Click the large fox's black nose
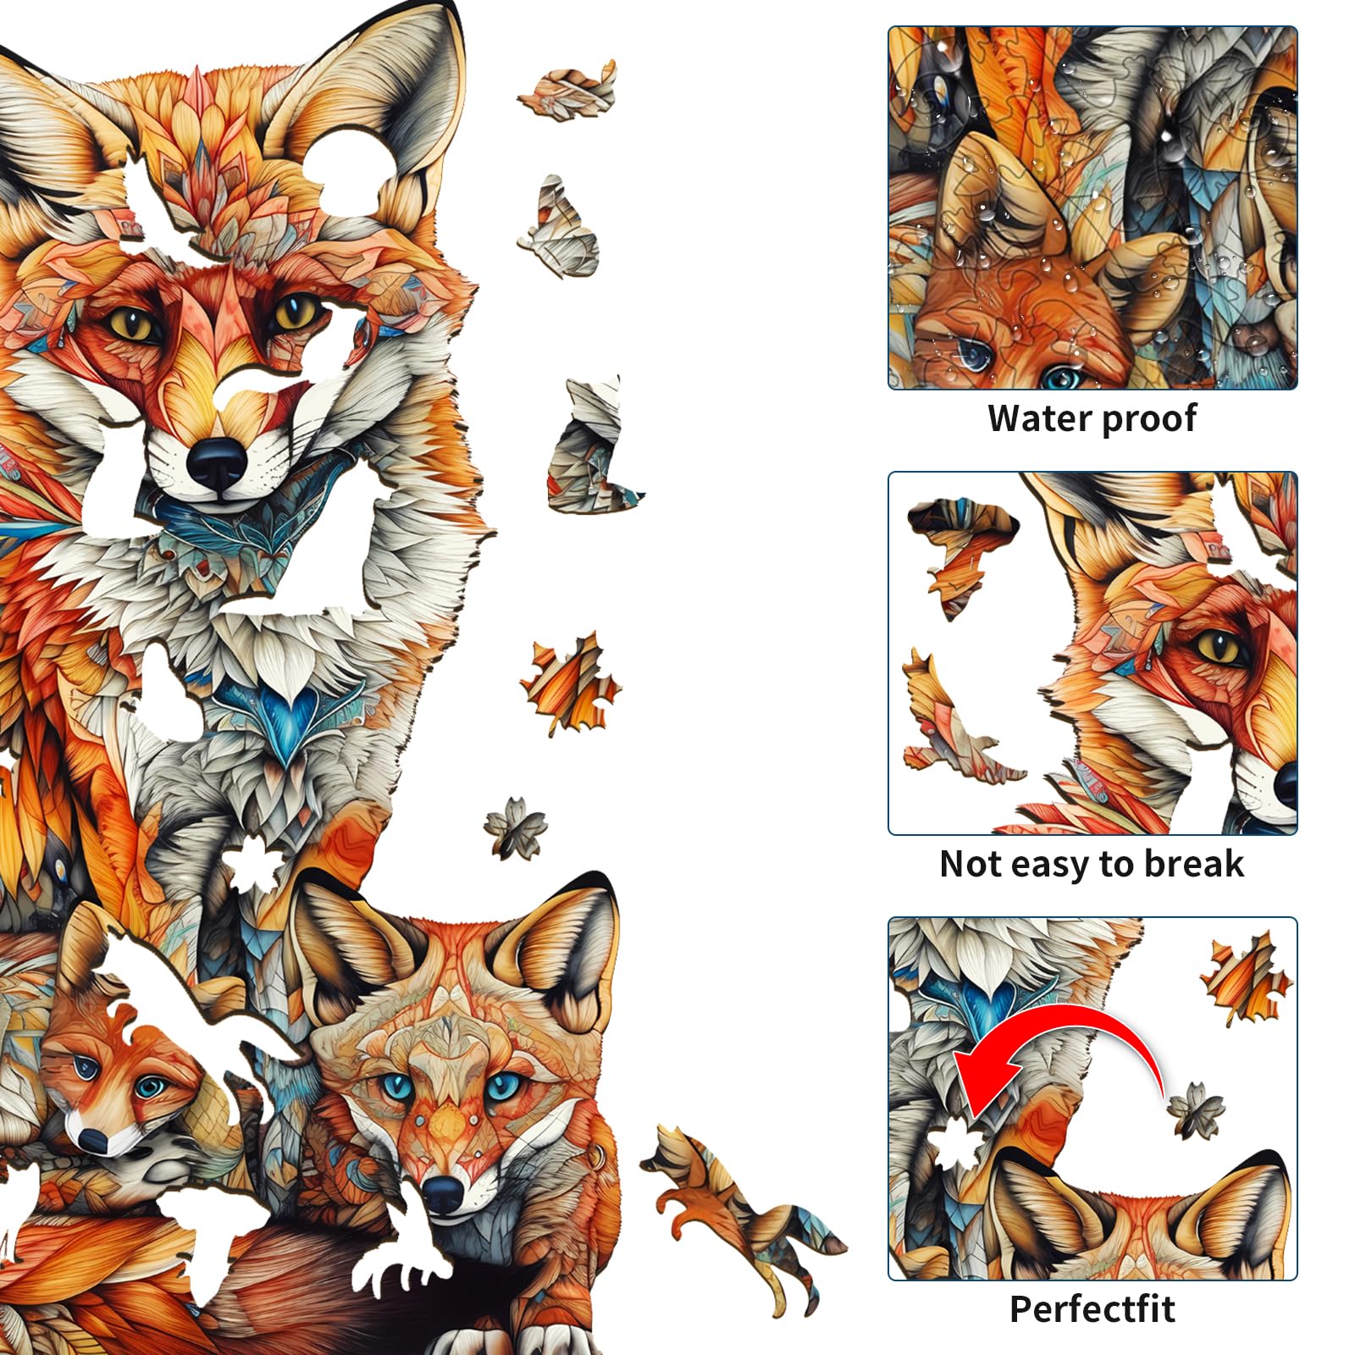click(x=217, y=463)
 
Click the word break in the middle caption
click(x=1194, y=864)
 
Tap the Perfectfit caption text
click(x=1092, y=1309)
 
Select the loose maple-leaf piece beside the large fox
click(x=570, y=683)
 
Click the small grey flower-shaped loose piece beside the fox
click(x=515, y=827)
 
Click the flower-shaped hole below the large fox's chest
click(x=252, y=864)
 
